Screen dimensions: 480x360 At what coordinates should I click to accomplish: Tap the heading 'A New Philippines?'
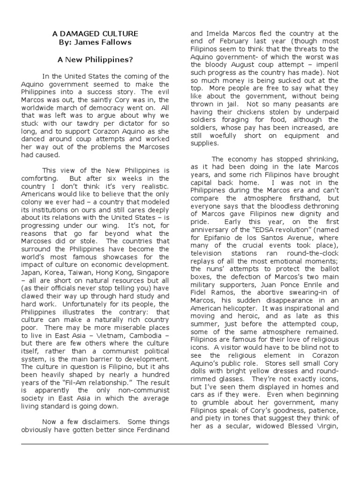point(95,60)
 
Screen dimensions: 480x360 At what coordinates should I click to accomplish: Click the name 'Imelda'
point(217,34)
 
